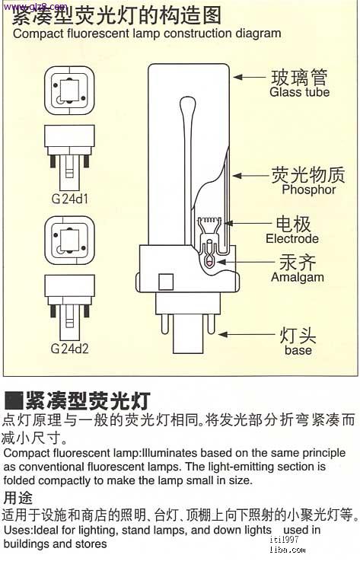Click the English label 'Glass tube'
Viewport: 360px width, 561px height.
(299, 92)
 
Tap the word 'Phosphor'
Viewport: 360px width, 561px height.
(309, 190)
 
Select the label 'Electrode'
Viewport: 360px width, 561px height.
(292, 239)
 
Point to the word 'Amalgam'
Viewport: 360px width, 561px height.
(298, 278)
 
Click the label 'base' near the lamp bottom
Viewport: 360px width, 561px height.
(298, 350)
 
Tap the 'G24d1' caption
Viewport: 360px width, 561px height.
(70, 199)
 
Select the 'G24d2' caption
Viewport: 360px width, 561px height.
(69, 349)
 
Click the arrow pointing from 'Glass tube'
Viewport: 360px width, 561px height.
(250, 77)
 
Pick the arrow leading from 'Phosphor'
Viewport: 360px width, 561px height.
(250, 176)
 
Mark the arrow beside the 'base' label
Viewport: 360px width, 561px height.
(246, 334)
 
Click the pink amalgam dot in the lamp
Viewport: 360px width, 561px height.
(209, 263)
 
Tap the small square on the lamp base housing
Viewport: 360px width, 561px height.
(166, 282)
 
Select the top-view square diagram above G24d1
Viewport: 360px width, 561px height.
(70, 91)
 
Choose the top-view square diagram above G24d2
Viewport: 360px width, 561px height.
(70, 240)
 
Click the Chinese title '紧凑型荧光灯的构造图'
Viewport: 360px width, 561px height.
(116, 16)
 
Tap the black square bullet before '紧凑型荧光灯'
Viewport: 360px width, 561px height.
(14, 400)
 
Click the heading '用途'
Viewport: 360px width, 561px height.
(18, 498)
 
